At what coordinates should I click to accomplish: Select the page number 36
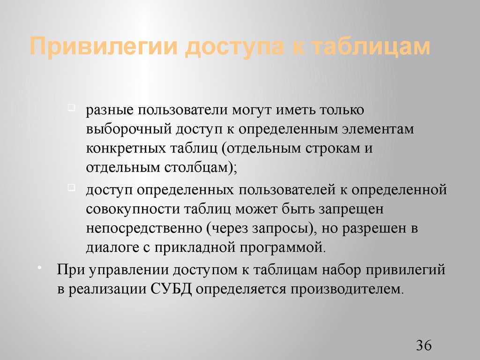coord(423,346)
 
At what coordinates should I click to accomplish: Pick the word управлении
coord(124,270)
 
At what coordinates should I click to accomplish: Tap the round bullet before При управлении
coord(39,267)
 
